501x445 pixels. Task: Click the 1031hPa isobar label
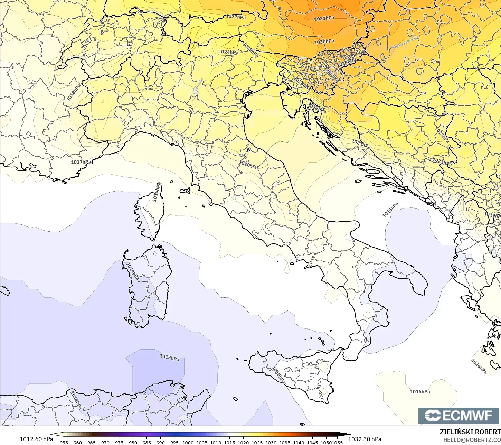(x=324, y=18)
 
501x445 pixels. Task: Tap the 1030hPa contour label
(x=324, y=42)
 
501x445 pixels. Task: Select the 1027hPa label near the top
(x=236, y=17)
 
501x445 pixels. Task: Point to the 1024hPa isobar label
(x=228, y=52)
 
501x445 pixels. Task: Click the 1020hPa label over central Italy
(x=248, y=165)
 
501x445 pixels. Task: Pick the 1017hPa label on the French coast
(x=81, y=162)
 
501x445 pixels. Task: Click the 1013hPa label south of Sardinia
(x=169, y=358)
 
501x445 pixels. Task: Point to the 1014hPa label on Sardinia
(x=132, y=271)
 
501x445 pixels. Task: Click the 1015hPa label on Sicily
(x=278, y=375)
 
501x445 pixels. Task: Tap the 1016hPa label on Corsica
(x=157, y=192)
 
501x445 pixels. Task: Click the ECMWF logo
(x=459, y=416)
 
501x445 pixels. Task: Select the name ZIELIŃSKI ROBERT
(x=470, y=432)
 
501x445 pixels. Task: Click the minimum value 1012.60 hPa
(x=36, y=439)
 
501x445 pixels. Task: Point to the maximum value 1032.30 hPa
(x=365, y=439)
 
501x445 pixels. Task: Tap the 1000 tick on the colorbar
(x=188, y=442)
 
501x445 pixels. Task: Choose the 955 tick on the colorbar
(x=64, y=442)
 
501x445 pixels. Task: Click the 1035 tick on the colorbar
(x=285, y=442)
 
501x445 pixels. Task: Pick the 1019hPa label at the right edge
(x=492, y=215)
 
